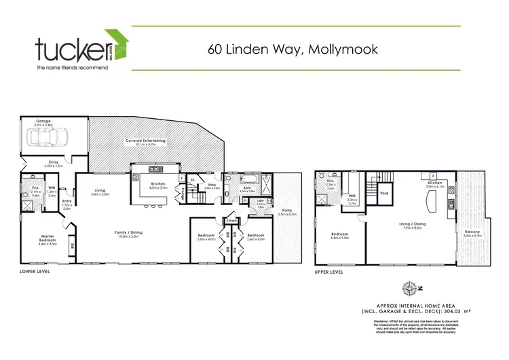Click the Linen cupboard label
pyautogui.click(x=231, y=221)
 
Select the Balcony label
pyautogui.click(x=472, y=232)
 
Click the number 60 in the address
pyautogui.click(x=214, y=49)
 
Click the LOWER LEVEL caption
pyautogui.click(x=35, y=271)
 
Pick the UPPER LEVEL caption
pyautogui.click(x=330, y=271)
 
